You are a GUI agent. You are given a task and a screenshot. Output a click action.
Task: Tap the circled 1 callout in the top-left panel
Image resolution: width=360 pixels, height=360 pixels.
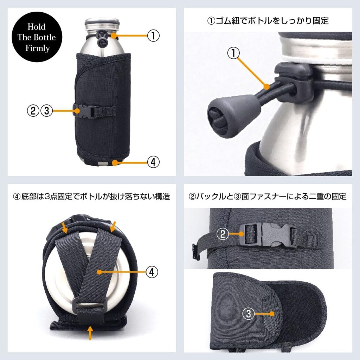[x=153, y=36]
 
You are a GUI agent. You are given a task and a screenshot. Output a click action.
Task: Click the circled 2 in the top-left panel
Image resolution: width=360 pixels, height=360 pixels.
[x=32, y=111]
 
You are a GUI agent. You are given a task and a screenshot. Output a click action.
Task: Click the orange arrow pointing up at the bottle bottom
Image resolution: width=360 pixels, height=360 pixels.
[x=90, y=332]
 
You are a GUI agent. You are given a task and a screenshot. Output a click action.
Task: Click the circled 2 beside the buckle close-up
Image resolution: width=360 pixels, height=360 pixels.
[x=223, y=234]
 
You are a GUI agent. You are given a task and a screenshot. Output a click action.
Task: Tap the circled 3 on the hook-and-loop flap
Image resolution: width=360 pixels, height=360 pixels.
[x=249, y=313]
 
